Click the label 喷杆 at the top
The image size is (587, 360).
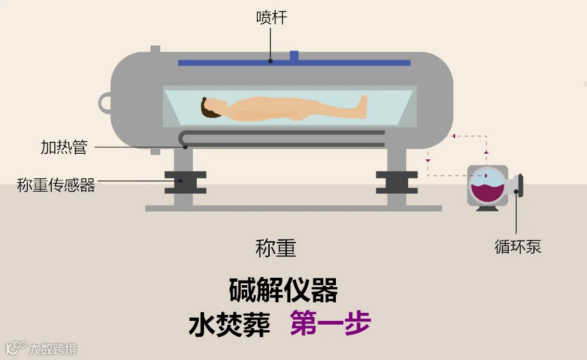(x=271, y=18)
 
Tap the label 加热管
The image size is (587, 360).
(x=64, y=147)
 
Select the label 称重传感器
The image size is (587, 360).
(x=56, y=185)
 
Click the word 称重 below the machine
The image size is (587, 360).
(x=276, y=248)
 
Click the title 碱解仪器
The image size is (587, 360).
(x=284, y=290)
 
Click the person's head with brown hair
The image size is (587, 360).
(x=211, y=107)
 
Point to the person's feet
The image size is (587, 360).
(x=362, y=103)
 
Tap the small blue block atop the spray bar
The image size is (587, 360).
(x=294, y=55)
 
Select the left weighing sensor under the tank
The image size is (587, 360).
(x=185, y=182)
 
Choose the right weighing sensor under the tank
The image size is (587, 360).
(x=396, y=182)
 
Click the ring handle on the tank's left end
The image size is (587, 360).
(x=105, y=103)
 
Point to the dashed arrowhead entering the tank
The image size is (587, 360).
(x=454, y=137)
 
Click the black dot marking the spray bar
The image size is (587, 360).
(x=271, y=61)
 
